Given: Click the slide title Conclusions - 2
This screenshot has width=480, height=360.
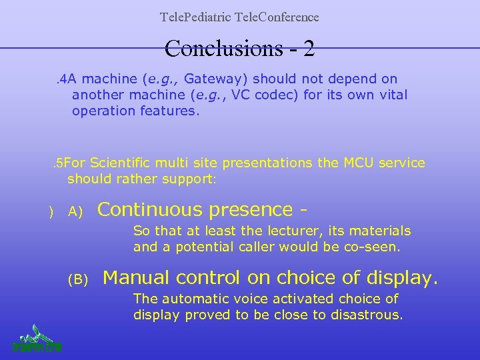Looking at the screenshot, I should click(x=239, y=48).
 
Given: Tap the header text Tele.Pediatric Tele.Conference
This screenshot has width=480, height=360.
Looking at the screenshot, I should click(x=239, y=17).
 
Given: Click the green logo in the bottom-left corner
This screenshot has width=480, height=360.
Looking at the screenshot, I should click(x=37, y=338).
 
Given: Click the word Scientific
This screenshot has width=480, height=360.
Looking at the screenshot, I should click(x=121, y=163).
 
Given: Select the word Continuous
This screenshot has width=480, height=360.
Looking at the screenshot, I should click(x=151, y=210).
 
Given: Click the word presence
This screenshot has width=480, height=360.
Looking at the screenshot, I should click(x=251, y=210).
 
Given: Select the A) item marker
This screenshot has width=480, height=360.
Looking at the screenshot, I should click(x=75, y=212).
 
